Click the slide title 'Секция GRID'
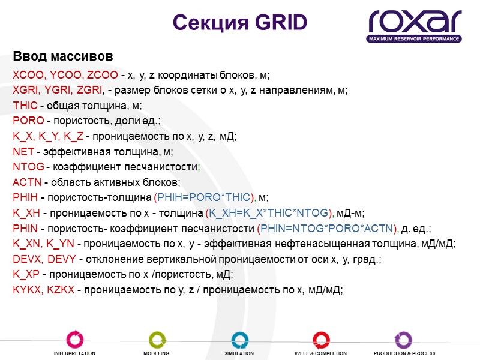(239, 22)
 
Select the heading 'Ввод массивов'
(63, 57)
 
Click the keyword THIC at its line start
(25, 106)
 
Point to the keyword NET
(22, 152)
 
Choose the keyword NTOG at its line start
(28, 167)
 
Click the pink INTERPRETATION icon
(74, 339)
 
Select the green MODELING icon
(157, 339)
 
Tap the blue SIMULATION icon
(239, 339)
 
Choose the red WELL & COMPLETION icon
(321, 339)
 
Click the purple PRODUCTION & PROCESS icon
(403, 339)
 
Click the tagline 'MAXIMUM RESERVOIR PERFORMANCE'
(415, 39)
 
